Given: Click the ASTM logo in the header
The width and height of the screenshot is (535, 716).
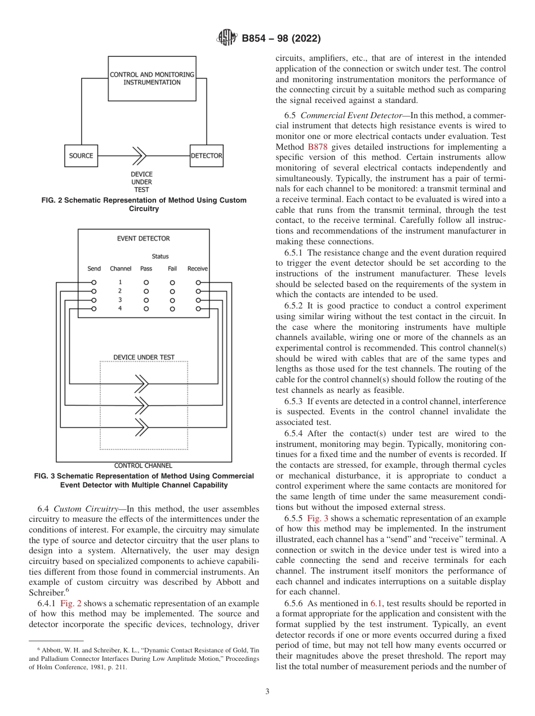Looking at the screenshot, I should (x=228, y=38).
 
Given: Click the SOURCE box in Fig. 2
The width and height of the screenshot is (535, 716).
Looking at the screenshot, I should (x=81, y=156).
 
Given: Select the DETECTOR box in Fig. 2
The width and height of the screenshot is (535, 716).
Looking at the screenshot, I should (x=206, y=156).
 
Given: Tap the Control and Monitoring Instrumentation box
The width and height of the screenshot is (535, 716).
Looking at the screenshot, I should (x=152, y=78).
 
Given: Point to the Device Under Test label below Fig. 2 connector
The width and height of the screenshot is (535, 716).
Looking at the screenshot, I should (x=141, y=182).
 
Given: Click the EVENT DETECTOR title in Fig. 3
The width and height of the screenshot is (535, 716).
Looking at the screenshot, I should (x=143, y=239).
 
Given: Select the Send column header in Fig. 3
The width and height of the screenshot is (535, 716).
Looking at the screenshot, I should (x=94, y=268).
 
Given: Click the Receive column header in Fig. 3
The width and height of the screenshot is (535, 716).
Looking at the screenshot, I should (x=198, y=268).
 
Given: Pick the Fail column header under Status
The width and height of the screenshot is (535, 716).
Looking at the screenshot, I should (x=172, y=268).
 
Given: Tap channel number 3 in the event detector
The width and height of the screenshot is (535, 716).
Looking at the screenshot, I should (x=120, y=300).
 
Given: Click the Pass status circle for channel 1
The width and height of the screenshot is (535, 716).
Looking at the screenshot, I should (x=146, y=282).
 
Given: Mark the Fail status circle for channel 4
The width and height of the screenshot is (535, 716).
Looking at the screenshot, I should (x=172, y=309).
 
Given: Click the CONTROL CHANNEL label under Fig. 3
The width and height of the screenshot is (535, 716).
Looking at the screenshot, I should (x=143, y=466).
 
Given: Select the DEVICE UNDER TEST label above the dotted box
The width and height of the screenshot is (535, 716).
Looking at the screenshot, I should (x=144, y=357).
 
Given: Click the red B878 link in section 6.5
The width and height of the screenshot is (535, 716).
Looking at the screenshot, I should (x=317, y=147).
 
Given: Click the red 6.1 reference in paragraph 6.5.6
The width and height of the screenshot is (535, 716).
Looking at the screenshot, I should (x=376, y=603).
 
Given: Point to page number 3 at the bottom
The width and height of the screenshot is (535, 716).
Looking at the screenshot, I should (x=267, y=691).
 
